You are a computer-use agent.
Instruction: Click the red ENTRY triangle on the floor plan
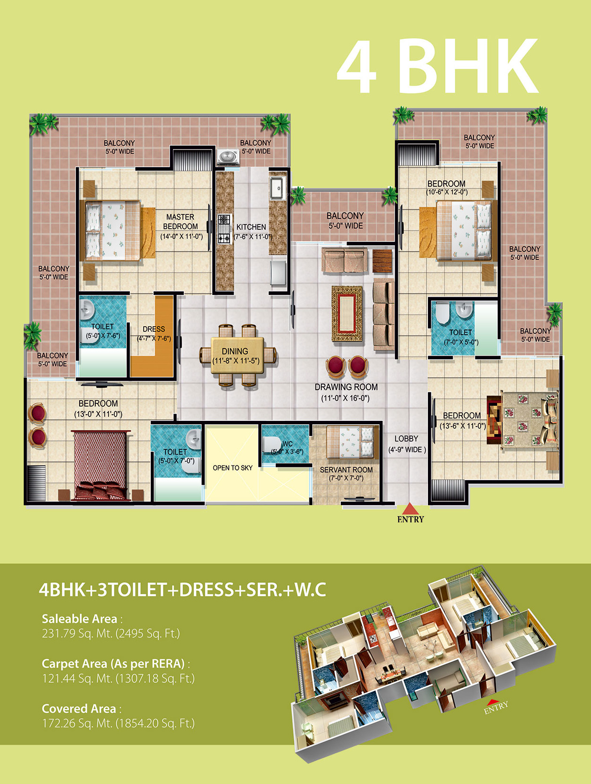[x=410, y=509]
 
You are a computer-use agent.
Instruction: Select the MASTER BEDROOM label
[x=181, y=222]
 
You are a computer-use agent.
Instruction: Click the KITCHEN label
[x=251, y=227]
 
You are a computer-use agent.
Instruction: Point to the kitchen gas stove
[x=224, y=229]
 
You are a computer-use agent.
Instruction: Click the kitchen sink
[x=276, y=187]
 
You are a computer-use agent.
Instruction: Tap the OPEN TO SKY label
[x=233, y=468]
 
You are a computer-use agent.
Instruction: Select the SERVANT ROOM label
[x=346, y=470]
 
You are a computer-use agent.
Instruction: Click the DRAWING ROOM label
[x=346, y=387]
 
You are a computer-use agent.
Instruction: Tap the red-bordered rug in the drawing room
[x=347, y=313]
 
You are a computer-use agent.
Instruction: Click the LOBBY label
[x=406, y=439]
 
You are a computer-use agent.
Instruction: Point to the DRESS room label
[x=154, y=329]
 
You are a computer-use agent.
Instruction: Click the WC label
[x=287, y=444]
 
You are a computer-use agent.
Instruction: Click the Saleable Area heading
[x=80, y=619]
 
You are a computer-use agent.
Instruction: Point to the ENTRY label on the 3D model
[x=496, y=707]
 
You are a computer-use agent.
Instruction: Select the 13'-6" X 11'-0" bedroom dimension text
[x=463, y=426]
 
